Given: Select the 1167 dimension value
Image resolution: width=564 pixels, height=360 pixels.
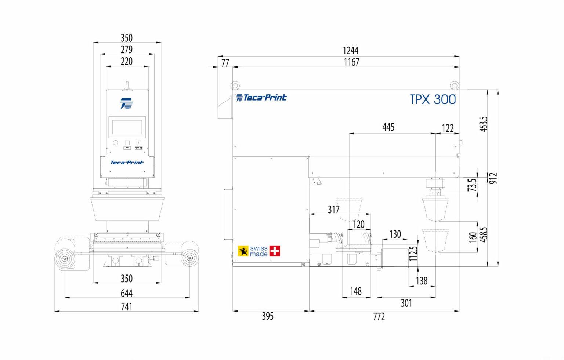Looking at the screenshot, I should (x=351, y=62).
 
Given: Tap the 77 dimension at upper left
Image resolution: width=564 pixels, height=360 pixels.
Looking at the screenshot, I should (x=225, y=63).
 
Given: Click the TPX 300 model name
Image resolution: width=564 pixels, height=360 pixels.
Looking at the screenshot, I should (x=433, y=99).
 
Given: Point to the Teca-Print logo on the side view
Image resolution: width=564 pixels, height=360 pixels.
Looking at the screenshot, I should (x=261, y=98).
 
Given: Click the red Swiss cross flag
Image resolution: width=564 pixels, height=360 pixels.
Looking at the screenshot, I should (x=274, y=251).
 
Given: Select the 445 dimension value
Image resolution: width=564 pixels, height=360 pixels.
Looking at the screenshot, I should (x=388, y=127).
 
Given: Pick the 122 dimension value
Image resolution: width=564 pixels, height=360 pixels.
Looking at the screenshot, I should (x=448, y=128).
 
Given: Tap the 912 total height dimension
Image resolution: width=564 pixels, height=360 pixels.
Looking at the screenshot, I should (x=493, y=178).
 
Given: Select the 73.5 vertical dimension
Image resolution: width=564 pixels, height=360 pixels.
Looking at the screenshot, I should (x=473, y=185).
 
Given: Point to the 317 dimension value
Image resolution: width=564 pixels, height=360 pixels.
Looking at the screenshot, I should (x=333, y=210).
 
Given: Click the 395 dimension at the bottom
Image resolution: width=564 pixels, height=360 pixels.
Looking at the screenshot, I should (x=268, y=316).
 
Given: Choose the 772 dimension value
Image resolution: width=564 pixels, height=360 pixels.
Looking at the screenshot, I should (x=379, y=316).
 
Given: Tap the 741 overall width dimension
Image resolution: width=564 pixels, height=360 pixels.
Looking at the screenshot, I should (x=126, y=306).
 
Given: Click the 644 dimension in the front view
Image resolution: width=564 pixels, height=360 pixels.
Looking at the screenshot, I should (x=126, y=293).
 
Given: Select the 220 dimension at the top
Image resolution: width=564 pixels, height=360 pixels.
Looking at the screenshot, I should (x=126, y=61).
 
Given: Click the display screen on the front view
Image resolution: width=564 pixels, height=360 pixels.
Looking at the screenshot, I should (x=127, y=127).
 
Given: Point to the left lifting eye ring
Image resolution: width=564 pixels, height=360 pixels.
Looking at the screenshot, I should (x=235, y=86).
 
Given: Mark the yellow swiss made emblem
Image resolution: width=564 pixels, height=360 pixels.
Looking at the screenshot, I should (x=243, y=251).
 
